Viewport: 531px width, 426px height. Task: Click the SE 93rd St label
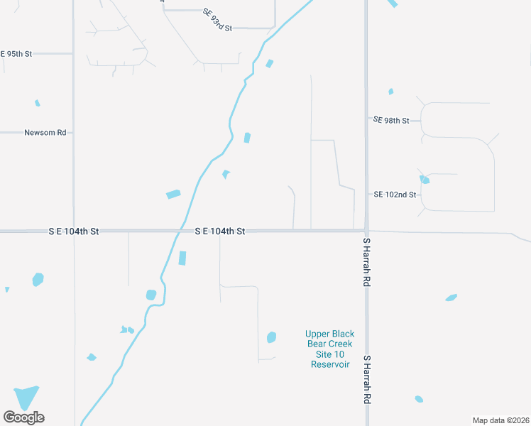pyautogui.click(x=217, y=19)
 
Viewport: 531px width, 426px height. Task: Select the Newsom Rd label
pyautogui.click(x=45, y=132)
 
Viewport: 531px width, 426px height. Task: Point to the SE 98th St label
pyautogui.click(x=391, y=121)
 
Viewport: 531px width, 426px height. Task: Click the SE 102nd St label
pyautogui.click(x=394, y=195)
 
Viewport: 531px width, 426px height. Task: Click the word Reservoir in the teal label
pyautogui.click(x=330, y=364)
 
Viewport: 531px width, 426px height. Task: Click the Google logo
pyautogui.click(x=23, y=417)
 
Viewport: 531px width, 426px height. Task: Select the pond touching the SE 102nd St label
pyautogui.click(x=424, y=180)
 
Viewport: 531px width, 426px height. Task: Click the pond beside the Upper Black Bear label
pyautogui.click(x=271, y=337)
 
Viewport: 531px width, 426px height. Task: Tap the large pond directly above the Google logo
pyautogui.click(x=27, y=396)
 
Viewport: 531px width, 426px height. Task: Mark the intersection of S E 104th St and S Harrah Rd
pyautogui.click(x=366, y=231)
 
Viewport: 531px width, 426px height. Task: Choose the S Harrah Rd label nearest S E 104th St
pyautogui.click(x=367, y=262)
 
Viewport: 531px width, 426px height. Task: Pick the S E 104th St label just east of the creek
pyautogui.click(x=220, y=231)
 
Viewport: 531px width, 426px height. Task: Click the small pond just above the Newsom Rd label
pyautogui.click(x=38, y=103)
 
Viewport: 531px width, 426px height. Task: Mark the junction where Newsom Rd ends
pyautogui.click(x=74, y=132)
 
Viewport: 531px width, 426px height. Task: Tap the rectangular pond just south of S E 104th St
pyautogui.click(x=182, y=258)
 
